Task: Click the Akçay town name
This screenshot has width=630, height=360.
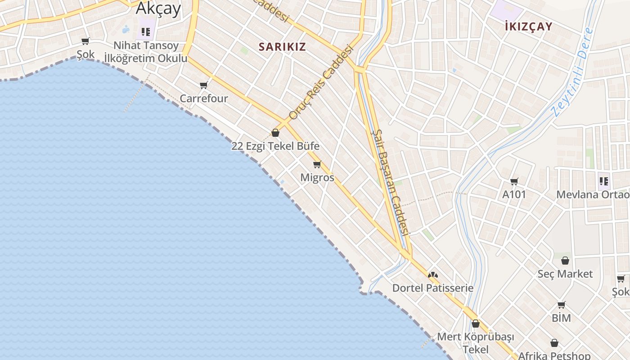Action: (158, 8)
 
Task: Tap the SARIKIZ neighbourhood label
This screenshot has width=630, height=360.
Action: (282, 47)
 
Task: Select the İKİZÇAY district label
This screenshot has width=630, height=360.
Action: (528, 26)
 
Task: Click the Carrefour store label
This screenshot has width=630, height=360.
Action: (204, 98)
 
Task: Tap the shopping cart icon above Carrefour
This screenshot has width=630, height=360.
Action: (204, 85)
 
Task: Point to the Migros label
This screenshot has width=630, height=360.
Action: (317, 177)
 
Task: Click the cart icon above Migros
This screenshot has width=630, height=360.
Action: (317, 164)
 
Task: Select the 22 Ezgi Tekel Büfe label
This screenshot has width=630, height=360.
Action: (275, 146)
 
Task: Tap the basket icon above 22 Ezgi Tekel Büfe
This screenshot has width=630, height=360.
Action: (275, 133)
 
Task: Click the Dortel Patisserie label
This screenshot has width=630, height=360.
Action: (433, 288)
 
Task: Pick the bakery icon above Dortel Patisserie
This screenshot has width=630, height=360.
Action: (433, 274)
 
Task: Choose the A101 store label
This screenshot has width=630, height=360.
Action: (514, 194)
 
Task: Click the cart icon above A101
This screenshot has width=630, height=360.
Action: (514, 181)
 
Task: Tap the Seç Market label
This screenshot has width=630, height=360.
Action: (565, 274)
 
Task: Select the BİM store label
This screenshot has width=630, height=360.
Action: (561, 318)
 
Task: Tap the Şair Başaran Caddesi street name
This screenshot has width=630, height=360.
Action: (390, 182)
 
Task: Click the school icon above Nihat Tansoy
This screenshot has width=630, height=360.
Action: (145, 31)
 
